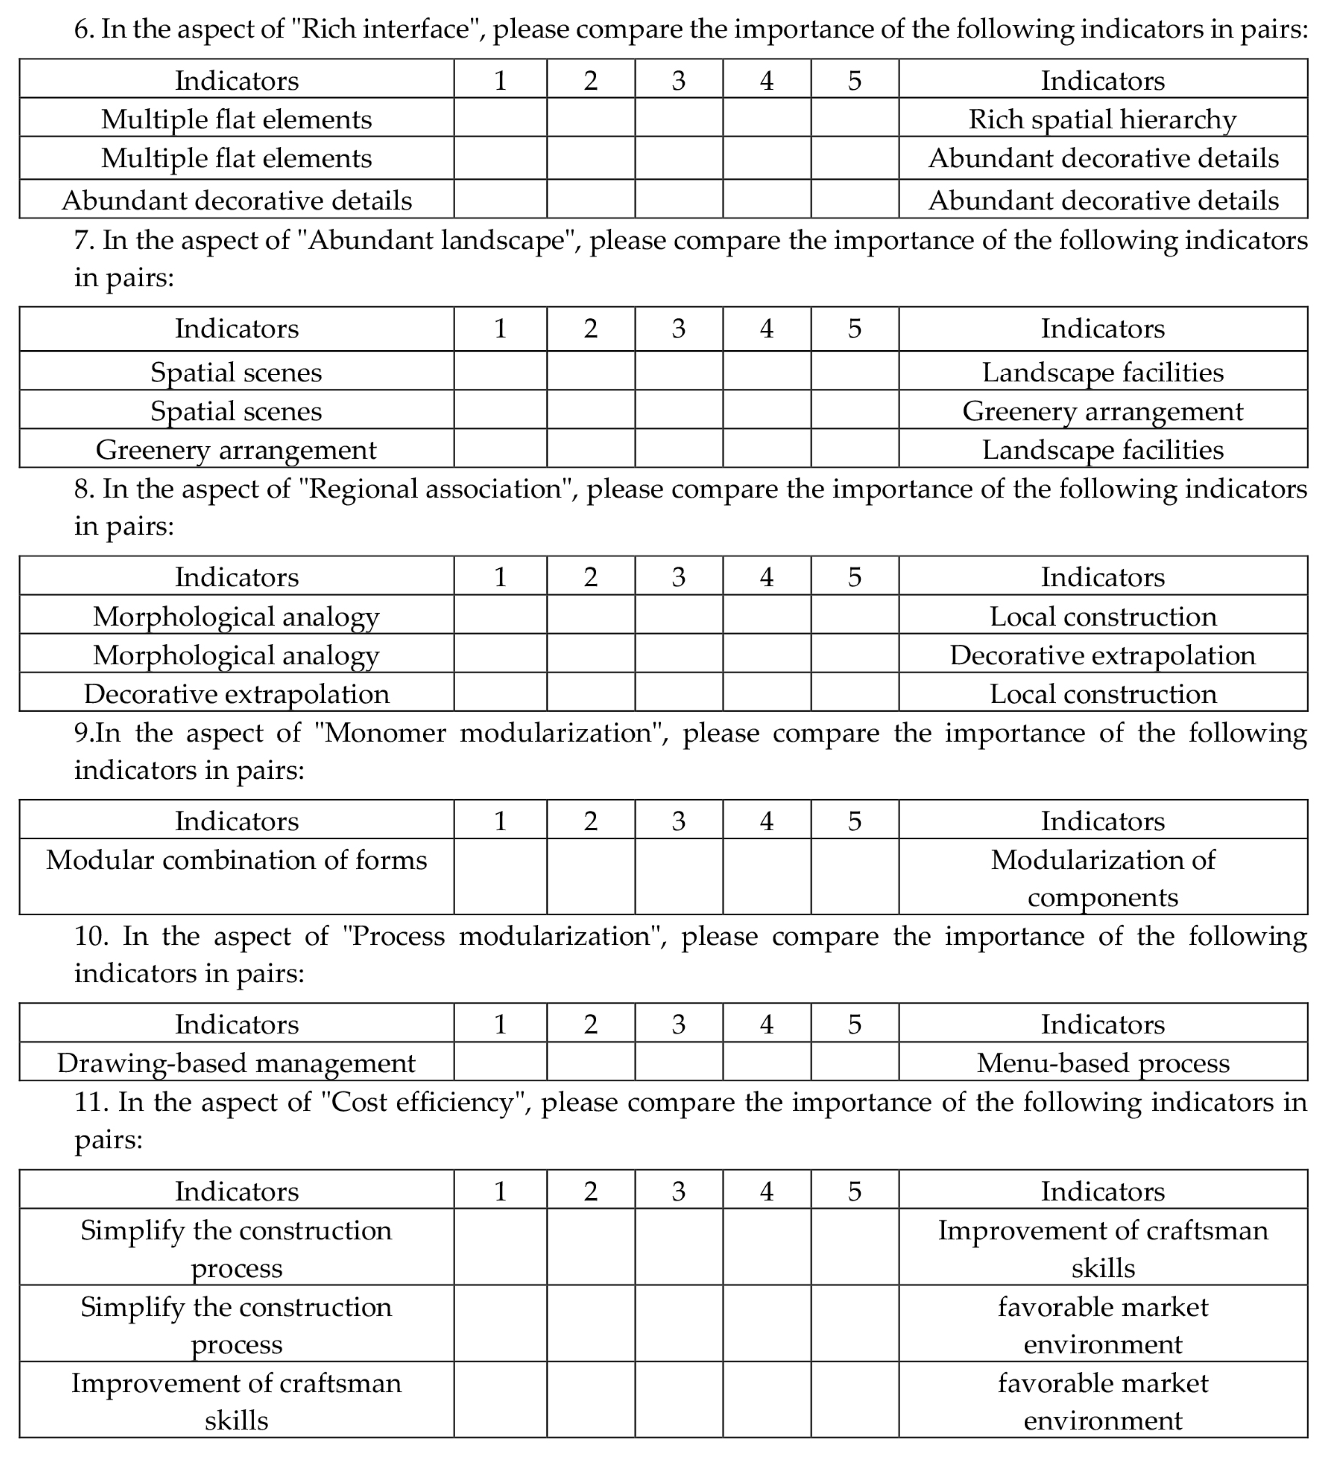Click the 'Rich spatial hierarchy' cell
pos(1102,119)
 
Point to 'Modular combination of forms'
pos(237,860)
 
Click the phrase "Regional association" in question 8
pos(435,489)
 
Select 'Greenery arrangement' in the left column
pos(237,450)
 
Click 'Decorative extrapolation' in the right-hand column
pos(1102,655)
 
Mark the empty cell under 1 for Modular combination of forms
pos(500,876)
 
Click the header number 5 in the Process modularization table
pos(854,1024)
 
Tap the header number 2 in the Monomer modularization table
pos(590,821)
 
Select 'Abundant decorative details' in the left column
pos(237,200)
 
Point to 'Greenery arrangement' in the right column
pos(1102,411)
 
